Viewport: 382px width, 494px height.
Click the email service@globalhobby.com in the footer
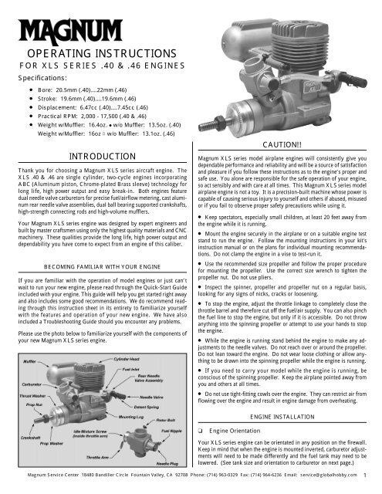point(323,487)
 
